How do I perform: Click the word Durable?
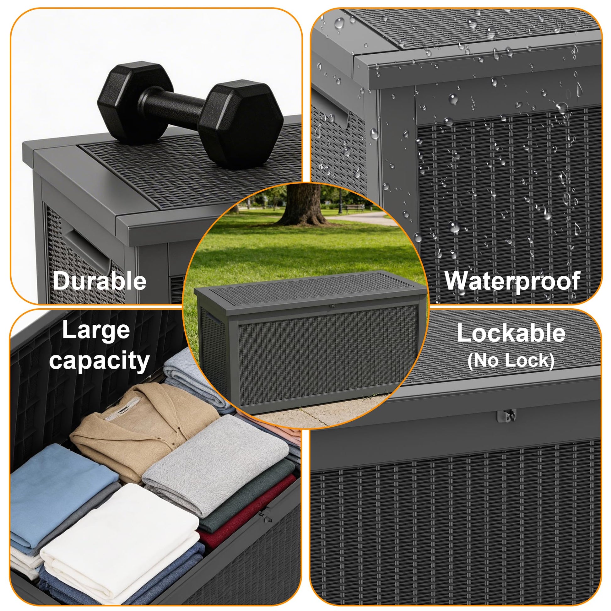coord(100,281)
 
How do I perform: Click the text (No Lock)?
coord(511,360)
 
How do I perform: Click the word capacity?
coord(99,361)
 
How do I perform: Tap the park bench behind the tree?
coord(355,208)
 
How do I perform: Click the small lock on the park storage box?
coord(333,306)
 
